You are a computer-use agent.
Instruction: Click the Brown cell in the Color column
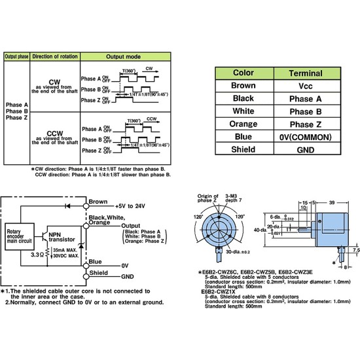[243, 85]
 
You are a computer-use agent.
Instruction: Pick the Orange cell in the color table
[243, 124]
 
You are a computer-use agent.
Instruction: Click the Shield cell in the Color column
[243, 149]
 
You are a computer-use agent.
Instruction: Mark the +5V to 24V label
[130, 206]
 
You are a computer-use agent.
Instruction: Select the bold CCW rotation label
[54, 133]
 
